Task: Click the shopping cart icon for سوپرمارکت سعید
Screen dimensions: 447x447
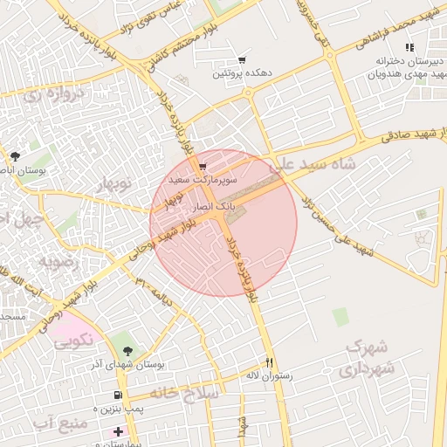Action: pyautogui.click(x=203, y=166)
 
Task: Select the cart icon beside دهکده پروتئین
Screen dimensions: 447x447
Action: pyautogui.click(x=241, y=60)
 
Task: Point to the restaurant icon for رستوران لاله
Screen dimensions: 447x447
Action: pyautogui.click(x=269, y=363)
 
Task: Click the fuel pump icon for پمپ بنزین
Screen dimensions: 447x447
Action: pyautogui.click(x=118, y=395)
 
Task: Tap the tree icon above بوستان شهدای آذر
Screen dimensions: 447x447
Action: pyautogui.click(x=129, y=350)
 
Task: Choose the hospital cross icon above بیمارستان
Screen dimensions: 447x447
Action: pyautogui.click(x=118, y=431)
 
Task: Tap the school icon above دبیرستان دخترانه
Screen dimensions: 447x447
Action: pyautogui.click(x=409, y=47)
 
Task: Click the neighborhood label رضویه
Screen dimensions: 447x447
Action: pyautogui.click(x=58, y=260)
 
